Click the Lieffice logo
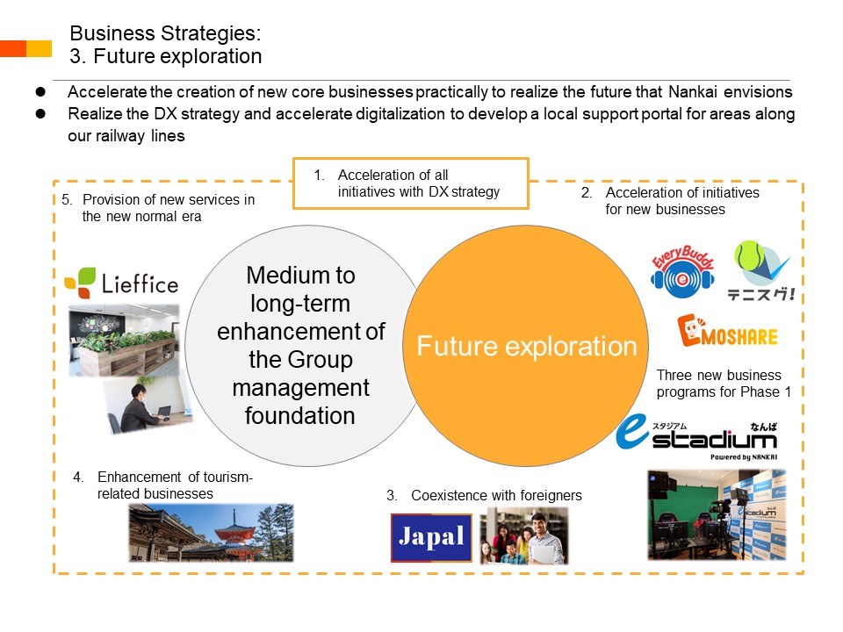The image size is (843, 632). (x=121, y=283)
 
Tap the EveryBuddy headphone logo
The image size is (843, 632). (x=683, y=272)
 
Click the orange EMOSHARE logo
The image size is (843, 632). (x=727, y=331)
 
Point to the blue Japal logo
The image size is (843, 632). (x=431, y=537)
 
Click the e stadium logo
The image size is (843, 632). (x=696, y=437)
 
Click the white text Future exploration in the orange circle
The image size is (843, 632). (x=527, y=346)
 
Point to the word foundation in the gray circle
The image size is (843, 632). (x=300, y=416)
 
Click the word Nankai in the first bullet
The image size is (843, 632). (x=693, y=92)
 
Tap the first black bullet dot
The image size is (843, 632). (x=40, y=92)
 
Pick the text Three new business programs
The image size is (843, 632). (x=724, y=384)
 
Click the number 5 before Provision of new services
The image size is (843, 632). (x=66, y=200)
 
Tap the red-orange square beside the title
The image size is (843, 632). (x=13, y=48)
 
